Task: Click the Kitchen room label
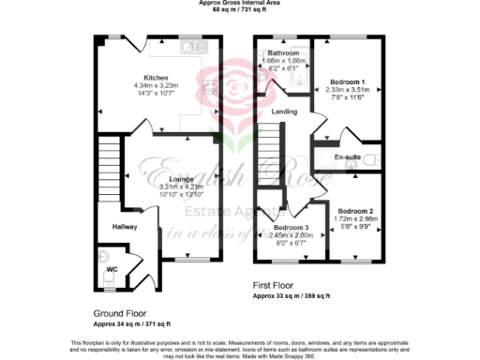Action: click(155, 77)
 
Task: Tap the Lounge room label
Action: click(155, 178)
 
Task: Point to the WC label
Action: click(111, 269)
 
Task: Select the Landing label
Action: click(285, 112)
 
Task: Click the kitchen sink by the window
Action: click(196, 46)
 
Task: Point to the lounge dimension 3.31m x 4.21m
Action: click(155, 187)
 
